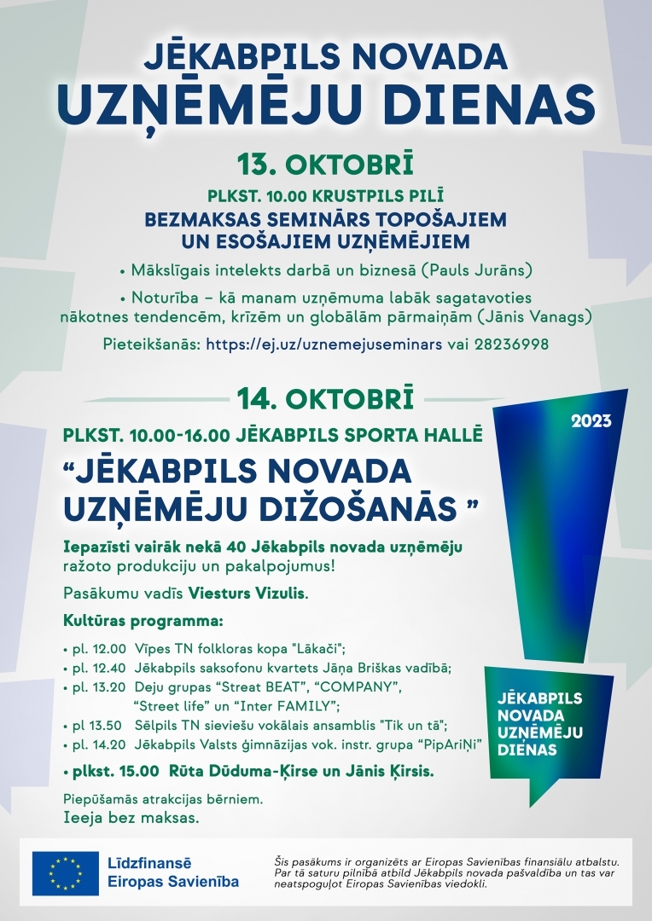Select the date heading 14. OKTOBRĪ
325,398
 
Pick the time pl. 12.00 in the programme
98,649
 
